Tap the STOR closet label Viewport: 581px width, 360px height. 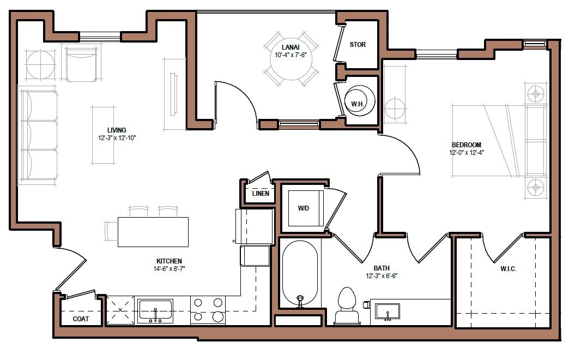tap(358, 45)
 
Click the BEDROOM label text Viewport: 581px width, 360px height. tap(466, 145)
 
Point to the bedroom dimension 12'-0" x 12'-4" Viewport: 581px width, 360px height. tap(466, 153)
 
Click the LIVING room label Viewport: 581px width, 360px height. tap(117, 130)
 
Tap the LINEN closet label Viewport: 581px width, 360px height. tap(260, 194)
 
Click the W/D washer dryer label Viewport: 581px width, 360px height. tap(304, 208)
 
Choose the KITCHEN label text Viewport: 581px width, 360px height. tap(168, 261)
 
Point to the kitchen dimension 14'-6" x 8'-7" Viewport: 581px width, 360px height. tap(168, 268)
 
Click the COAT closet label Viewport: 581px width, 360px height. tap(81, 319)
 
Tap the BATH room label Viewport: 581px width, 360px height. tap(381, 268)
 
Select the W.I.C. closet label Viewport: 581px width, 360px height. tap(508, 269)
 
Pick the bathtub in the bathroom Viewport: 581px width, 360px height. tap(300, 274)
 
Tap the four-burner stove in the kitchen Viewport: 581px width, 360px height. tap(208, 310)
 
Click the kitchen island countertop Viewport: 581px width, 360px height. tap(153, 232)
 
